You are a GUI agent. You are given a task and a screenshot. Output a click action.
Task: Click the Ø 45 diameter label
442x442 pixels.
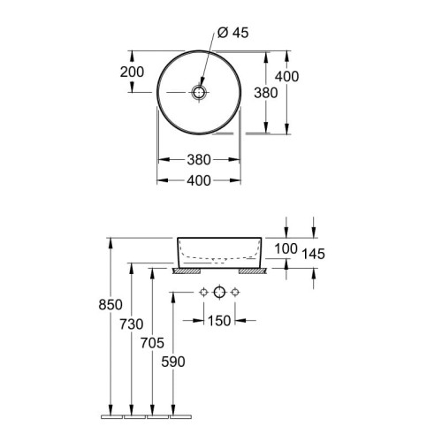tap(233, 33)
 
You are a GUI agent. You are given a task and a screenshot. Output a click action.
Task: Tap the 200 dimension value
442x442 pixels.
tap(132, 72)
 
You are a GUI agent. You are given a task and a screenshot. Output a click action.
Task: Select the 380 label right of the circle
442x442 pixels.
tap(266, 93)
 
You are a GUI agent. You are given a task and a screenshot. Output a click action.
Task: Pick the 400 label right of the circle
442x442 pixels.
tap(286, 76)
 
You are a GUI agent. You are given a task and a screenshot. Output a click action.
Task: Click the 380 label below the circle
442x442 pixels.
tap(199, 160)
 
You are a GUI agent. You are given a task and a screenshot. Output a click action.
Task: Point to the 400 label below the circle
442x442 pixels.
tap(199, 180)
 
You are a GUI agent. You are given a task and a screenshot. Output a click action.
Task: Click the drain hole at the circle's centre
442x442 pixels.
tap(199, 93)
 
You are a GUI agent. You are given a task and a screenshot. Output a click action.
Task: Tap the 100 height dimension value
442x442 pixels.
tap(286, 248)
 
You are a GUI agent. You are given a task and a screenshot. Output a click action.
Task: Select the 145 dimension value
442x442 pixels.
tap(313, 254)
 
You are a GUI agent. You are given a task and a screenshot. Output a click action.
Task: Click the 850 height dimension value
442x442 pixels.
tap(110, 305)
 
